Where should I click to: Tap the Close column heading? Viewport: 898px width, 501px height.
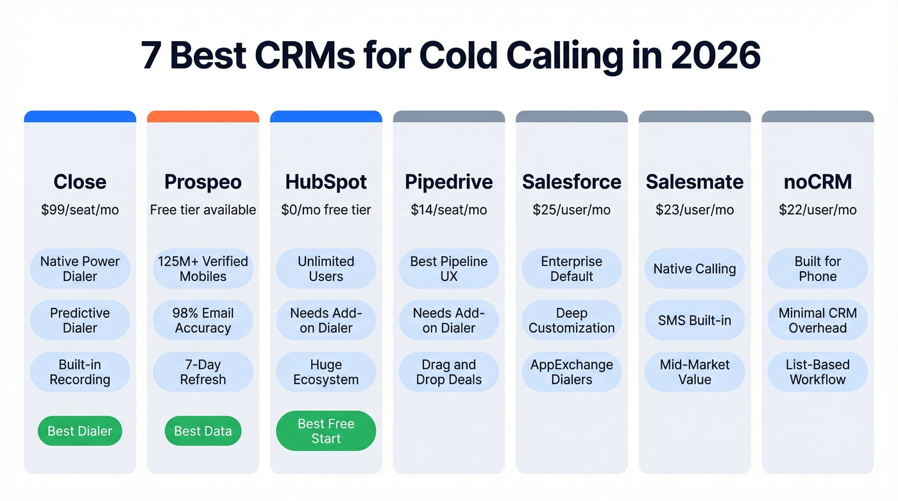point(80,182)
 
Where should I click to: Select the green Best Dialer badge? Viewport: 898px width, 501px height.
point(80,431)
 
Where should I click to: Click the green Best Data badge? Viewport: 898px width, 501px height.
point(203,431)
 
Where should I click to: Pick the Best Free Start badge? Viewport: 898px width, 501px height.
point(326,431)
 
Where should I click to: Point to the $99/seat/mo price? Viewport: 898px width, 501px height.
point(80,210)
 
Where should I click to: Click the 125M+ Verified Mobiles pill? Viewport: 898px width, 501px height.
point(203,269)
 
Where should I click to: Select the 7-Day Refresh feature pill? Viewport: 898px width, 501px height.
point(203,371)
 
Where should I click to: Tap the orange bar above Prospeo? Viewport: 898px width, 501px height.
point(203,116)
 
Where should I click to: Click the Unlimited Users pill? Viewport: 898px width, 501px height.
point(326,269)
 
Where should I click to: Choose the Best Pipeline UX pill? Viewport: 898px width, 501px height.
point(448,269)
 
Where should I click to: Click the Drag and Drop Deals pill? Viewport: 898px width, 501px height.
point(448,371)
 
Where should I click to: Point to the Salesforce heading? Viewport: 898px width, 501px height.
point(572,182)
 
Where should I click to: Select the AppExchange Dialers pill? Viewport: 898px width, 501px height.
point(572,371)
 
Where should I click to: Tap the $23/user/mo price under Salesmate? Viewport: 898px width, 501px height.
point(695,210)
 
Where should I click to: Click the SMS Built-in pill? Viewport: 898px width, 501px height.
point(695,320)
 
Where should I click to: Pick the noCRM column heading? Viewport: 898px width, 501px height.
point(817,182)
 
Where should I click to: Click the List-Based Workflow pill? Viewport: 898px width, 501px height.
point(817,371)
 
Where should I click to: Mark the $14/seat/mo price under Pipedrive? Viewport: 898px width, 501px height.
point(448,210)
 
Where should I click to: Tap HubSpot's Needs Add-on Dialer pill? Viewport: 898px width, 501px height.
point(326,320)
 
